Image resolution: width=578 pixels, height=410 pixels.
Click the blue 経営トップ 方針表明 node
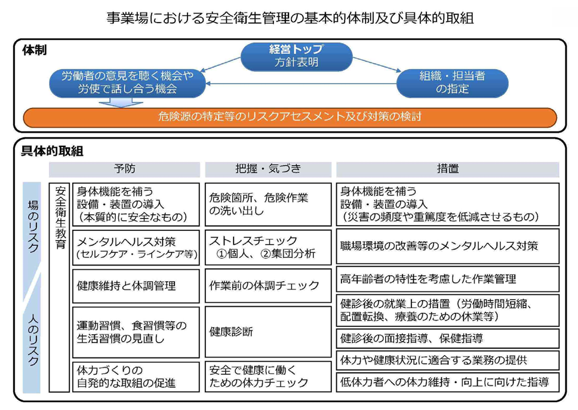pyautogui.click(x=296, y=56)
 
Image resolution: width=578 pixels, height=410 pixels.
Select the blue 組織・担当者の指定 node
pyautogui.click(x=452, y=83)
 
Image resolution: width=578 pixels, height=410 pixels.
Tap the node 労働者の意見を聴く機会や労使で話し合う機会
pyautogui.click(x=127, y=83)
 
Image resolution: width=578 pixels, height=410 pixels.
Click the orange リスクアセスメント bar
pyautogui.click(x=290, y=118)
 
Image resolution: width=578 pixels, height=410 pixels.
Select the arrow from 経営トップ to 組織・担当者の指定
pyautogui.click(x=377, y=64)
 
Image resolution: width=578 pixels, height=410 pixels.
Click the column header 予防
pyautogui.click(x=125, y=169)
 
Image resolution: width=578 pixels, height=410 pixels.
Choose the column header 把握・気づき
pyautogui.click(x=268, y=169)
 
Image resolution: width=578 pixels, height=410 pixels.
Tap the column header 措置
pyautogui.click(x=447, y=169)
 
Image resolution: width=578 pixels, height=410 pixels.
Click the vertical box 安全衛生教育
pyautogui.click(x=59, y=287)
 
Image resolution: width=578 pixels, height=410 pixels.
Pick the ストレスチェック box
pyautogui.click(x=268, y=247)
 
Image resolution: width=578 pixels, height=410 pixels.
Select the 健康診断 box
pyautogui.click(x=268, y=332)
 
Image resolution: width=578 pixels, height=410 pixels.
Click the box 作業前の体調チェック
pyautogui.click(x=268, y=285)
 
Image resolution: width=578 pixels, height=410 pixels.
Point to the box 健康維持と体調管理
pyautogui.click(x=136, y=286)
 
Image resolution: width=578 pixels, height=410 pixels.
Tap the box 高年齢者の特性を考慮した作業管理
pyautogui.click(x=447, y=279)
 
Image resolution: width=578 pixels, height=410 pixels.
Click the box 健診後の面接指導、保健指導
pyautogui.click(x=447, y=338)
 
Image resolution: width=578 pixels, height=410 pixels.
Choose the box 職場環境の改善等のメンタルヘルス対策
pyautogui.click(x=447, y=246)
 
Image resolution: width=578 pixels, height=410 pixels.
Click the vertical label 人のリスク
pyautogui.click(x=32, y=339)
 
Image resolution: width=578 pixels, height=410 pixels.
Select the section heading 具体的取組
pyautogui.click(x=52, y=151)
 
